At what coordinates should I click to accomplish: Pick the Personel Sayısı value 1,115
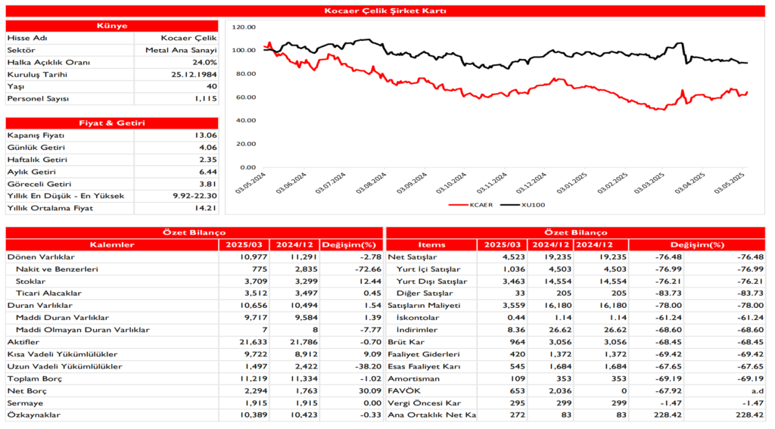click(x=205, y=98)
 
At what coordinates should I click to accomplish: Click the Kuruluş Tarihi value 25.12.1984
click(x=195, y=74)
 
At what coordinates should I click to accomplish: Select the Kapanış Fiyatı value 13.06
click(x=206, y=135)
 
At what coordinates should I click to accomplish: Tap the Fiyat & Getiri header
click(x=112, y=123)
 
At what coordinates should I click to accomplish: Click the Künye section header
click(x=112, y=26)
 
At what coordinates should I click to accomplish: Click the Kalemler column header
click(x=112, y=244)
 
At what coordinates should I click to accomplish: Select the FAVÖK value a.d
click(x=757, y=390)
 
